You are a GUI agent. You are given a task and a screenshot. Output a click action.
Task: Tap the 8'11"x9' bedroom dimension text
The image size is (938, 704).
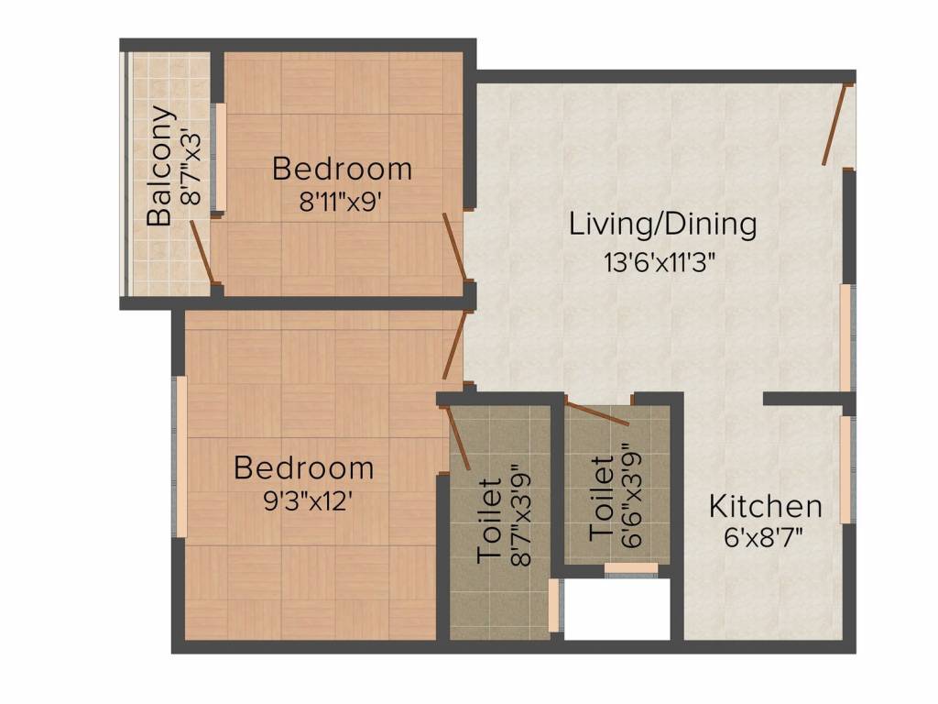[341, 203]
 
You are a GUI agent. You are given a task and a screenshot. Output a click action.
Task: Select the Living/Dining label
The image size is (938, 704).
[662, 225]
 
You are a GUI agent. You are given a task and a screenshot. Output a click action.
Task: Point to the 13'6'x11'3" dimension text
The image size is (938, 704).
[660, 262]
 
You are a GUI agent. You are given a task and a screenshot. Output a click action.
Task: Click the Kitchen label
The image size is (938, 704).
[765, 506]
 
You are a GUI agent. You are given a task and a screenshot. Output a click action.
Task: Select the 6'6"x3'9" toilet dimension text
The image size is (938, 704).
[632, 495]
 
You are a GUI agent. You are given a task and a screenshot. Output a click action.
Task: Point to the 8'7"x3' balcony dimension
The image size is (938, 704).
[191, 167]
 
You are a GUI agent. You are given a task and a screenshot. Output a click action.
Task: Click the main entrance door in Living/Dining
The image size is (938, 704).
[834, 125]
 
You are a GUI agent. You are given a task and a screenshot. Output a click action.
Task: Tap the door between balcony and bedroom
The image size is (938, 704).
[202, 251]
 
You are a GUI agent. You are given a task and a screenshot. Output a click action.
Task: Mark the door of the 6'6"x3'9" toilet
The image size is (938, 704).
[597, 413]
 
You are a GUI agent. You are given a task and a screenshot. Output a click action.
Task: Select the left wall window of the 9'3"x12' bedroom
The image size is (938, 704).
[180, 456]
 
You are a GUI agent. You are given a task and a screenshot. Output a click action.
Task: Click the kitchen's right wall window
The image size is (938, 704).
[846, 469]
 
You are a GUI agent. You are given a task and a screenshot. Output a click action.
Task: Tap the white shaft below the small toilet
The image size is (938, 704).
[616, 609]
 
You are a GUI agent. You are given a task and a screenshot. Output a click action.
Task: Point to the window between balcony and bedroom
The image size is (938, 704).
[219, 157]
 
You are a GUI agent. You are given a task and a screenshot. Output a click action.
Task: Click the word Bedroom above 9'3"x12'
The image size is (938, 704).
[304, 467]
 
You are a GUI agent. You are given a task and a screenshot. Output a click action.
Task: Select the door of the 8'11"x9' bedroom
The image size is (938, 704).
[454, 246]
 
